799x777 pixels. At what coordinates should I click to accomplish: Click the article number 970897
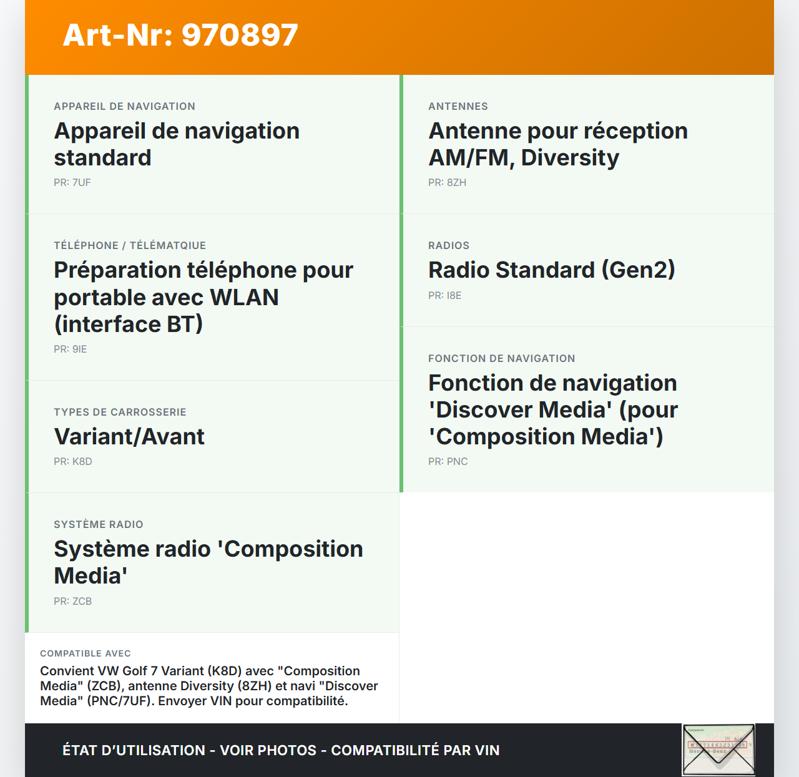(x=240, y=35)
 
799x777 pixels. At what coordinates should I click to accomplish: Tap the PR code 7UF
(x=72, y=182)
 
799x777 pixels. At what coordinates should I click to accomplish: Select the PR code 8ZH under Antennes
(x=447, y=182)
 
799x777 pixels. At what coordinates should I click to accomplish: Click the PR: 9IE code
(x=71, y=349)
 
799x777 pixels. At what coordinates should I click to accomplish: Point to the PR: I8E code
(x=445, y=295)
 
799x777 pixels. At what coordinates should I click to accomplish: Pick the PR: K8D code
(x=73, y=461)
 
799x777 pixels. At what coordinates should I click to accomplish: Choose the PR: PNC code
(x=448, y=461)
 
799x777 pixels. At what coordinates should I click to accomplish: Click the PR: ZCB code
(x=73, y=601)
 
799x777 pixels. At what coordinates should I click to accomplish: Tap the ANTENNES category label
(x=458, y=106)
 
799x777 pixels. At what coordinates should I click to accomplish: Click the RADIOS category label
(x=449, y=245)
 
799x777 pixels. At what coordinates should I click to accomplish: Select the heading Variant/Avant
(x=129, y=436)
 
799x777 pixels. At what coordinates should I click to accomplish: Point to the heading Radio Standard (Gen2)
(x=552, y=270)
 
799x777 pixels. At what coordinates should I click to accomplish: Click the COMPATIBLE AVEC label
(x=86, y=653)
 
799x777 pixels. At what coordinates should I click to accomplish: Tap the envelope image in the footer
(x=718, y=750)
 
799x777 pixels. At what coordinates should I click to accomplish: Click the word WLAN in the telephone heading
(x=244, y=297)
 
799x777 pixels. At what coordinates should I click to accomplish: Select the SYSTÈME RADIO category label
(x=99, y=524)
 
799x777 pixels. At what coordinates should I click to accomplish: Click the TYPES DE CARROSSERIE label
(x=120, y=412)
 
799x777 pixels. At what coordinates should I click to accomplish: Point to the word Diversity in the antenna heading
(x=570, y=157)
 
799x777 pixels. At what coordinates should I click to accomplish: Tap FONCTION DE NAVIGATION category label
(x=502, y=358)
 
